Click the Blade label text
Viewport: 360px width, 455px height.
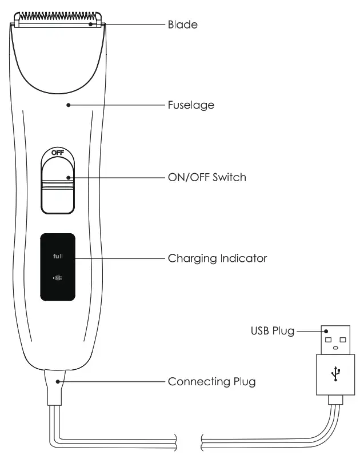pos(182,25)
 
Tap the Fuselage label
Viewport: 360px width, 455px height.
pos(191,105)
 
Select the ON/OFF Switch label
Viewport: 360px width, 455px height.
pos(207,177)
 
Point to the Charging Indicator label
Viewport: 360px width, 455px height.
pos(217,258)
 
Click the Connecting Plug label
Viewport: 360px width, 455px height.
pos(211,381)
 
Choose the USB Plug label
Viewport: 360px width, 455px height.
pos(272,331)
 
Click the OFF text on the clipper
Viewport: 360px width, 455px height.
pos(58,153)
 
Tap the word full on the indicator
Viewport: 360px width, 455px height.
pos(58,256)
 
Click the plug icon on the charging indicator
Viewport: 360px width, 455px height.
pos(58,278)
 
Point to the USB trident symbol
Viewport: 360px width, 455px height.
pos(335,374)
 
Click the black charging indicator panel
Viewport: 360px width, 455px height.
pos(58,267)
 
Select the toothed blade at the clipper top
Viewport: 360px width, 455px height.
pos(58,19)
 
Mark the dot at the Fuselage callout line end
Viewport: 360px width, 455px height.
pos(68,105)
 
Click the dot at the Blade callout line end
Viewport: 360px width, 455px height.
pos(92,25)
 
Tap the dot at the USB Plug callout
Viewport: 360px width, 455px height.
pos(324,331)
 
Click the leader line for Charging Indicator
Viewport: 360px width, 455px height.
pos(120,258)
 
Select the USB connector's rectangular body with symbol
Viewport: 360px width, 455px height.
pos(335,374)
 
